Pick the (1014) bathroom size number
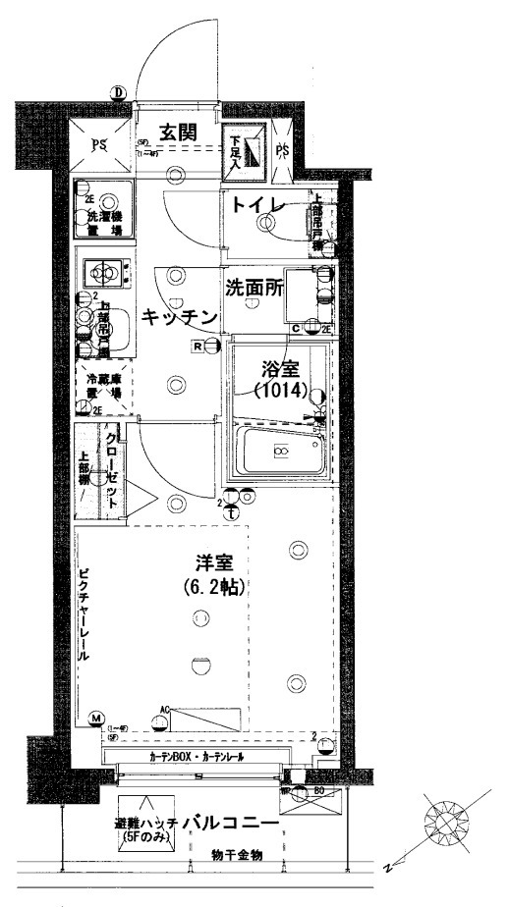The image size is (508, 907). pyautogui.click(x=280, y=390)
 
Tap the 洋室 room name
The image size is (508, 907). pyautogui.click(x=212, y=565)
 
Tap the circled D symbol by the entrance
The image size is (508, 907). pyautogui.click(x=118, y=93)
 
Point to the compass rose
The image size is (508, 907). pyautogui.click(x=451, y=820)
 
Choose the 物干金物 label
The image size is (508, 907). pyautogui.click(x=238, y=855)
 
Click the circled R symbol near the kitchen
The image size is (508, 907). pyautogui.click(x=198, y=346)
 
